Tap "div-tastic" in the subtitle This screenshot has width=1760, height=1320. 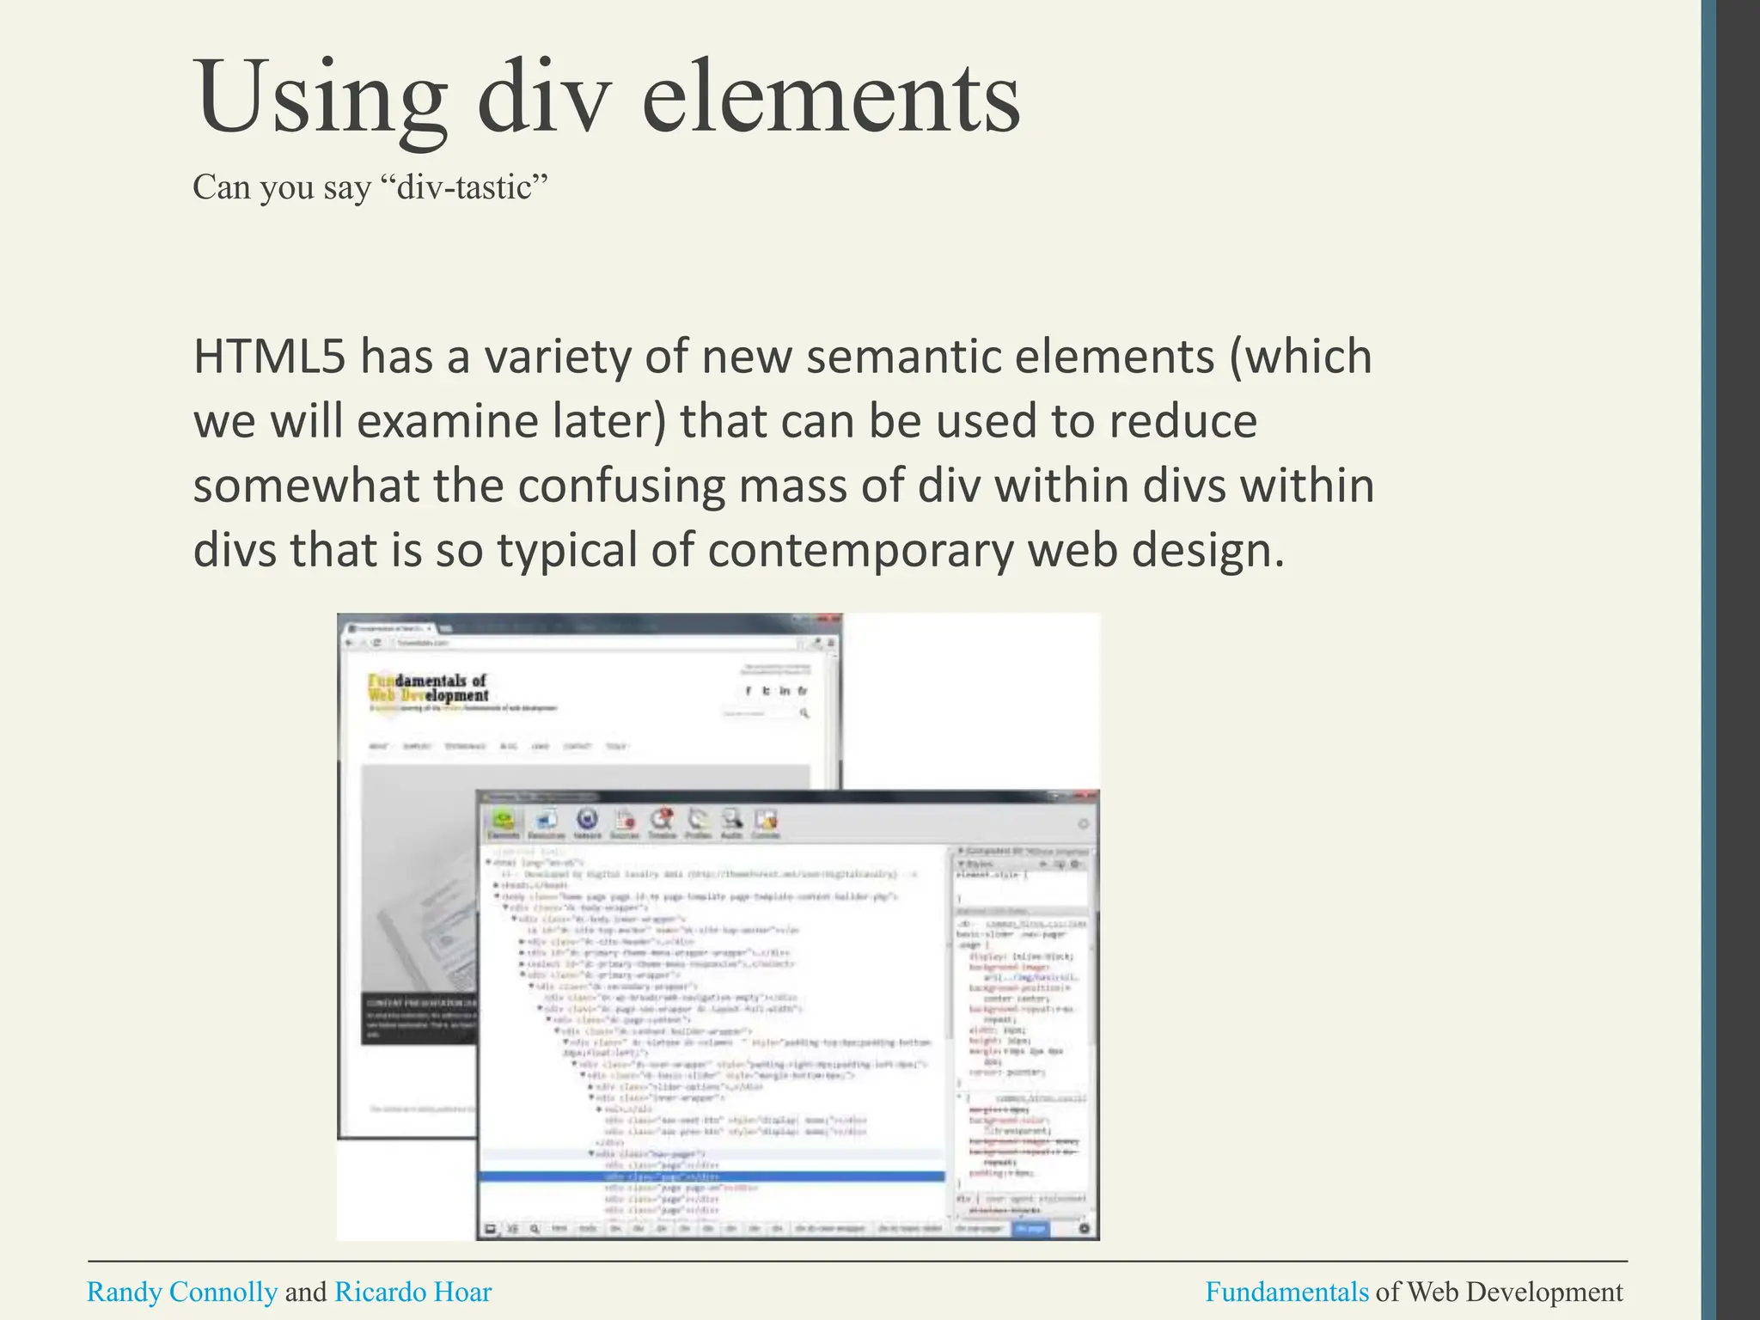(x=471, y=187)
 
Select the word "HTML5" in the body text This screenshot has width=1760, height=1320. (x=269, y=357)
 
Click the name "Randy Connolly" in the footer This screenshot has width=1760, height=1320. (x=182, y=1292)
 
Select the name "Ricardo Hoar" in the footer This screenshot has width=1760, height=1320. (x=412, y=1292)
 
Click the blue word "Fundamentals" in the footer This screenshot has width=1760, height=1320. (x=1286, y=1292)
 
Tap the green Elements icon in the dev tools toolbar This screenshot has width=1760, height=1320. (x=504, y=821)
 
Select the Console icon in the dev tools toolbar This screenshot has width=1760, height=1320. (x=765, y=821)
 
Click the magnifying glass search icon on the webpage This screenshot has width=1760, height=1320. (x=804, y=713)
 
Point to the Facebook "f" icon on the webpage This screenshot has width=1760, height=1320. (x=749, y=691)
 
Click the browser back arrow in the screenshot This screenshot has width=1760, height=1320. (x=350, y=643)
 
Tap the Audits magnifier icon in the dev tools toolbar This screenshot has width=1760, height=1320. (x=731, y=821)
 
